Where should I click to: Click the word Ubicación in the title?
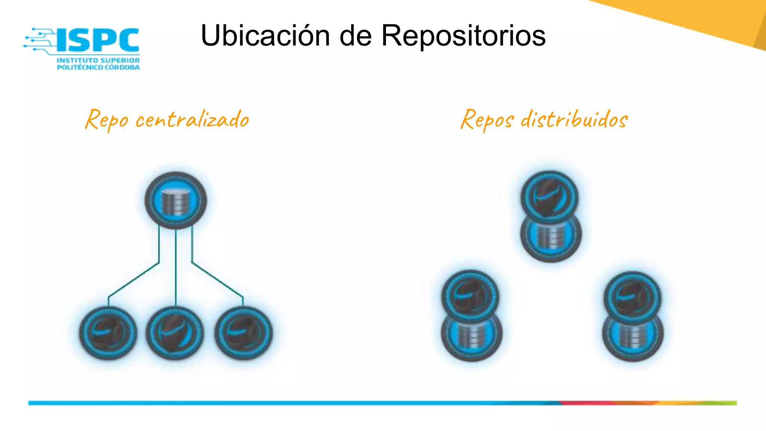[265, 36]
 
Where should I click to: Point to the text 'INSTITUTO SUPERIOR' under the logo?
[98, 60]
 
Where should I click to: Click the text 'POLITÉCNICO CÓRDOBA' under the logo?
[98, 67]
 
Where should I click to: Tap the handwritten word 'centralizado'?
[192, 120]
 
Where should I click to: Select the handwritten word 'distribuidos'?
[574, 120]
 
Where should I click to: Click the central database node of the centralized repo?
[175, 201]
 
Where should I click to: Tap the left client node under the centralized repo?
[108, 333]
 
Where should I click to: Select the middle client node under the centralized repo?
[175, 333]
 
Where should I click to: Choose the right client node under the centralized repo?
[243, 333]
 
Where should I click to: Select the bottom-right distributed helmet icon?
[632, 296]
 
